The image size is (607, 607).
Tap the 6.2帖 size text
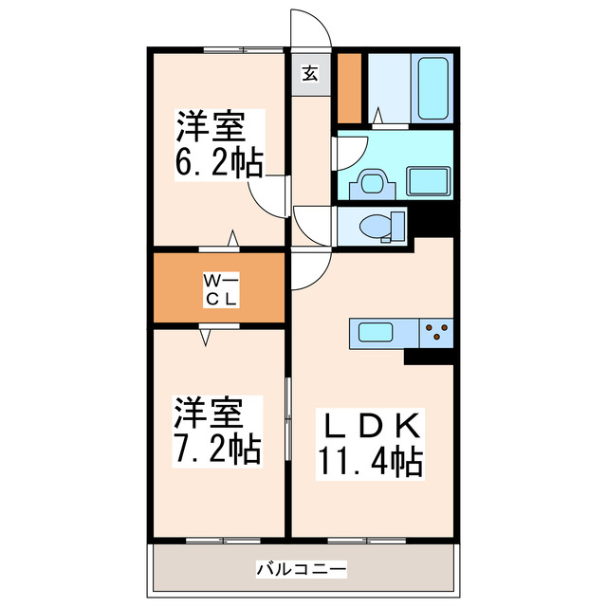point(218,162)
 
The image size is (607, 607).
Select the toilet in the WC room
point(372,227)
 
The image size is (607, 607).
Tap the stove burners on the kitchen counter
point(437,332)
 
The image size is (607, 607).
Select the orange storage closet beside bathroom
point(350,89)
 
